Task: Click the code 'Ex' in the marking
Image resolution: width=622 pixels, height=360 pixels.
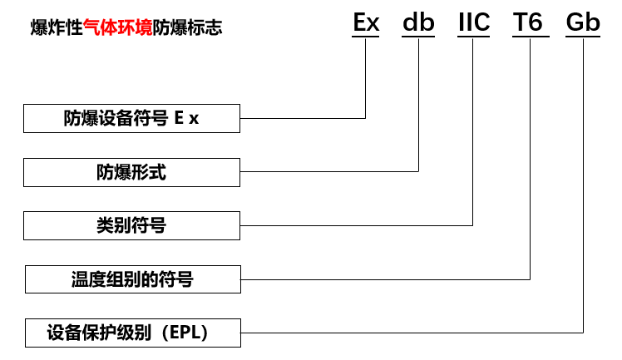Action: coord(366,22)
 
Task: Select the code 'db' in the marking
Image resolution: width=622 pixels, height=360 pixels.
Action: coord(418,22)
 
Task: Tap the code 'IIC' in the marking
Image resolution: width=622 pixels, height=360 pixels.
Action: coord(473,22)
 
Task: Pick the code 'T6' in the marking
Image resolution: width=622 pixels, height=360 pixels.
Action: coord(530,22)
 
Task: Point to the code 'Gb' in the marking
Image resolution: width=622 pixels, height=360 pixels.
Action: coord(583,22)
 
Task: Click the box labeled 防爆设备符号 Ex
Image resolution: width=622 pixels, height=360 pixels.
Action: coord(131,118)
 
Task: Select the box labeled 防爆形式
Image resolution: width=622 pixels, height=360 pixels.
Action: coord(131,172)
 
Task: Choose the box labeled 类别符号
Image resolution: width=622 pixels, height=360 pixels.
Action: coord(131,225)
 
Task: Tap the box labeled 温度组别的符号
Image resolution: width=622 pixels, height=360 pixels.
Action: coord(133,279)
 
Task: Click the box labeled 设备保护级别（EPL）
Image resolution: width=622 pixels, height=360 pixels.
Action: coord(133,333)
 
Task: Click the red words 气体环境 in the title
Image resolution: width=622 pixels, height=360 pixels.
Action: coord(117,28)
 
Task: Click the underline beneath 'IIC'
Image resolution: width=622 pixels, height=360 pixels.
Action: coord(473,37)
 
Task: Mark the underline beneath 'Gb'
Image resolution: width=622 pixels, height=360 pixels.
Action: coord(583,37)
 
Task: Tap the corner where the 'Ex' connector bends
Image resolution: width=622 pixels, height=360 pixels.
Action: coord(366,118)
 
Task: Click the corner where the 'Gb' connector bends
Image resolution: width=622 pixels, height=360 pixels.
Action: coord(584,332)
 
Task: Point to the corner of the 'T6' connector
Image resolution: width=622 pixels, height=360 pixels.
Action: coord(530,279)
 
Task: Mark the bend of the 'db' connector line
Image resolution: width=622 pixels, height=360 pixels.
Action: coord(418,171)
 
